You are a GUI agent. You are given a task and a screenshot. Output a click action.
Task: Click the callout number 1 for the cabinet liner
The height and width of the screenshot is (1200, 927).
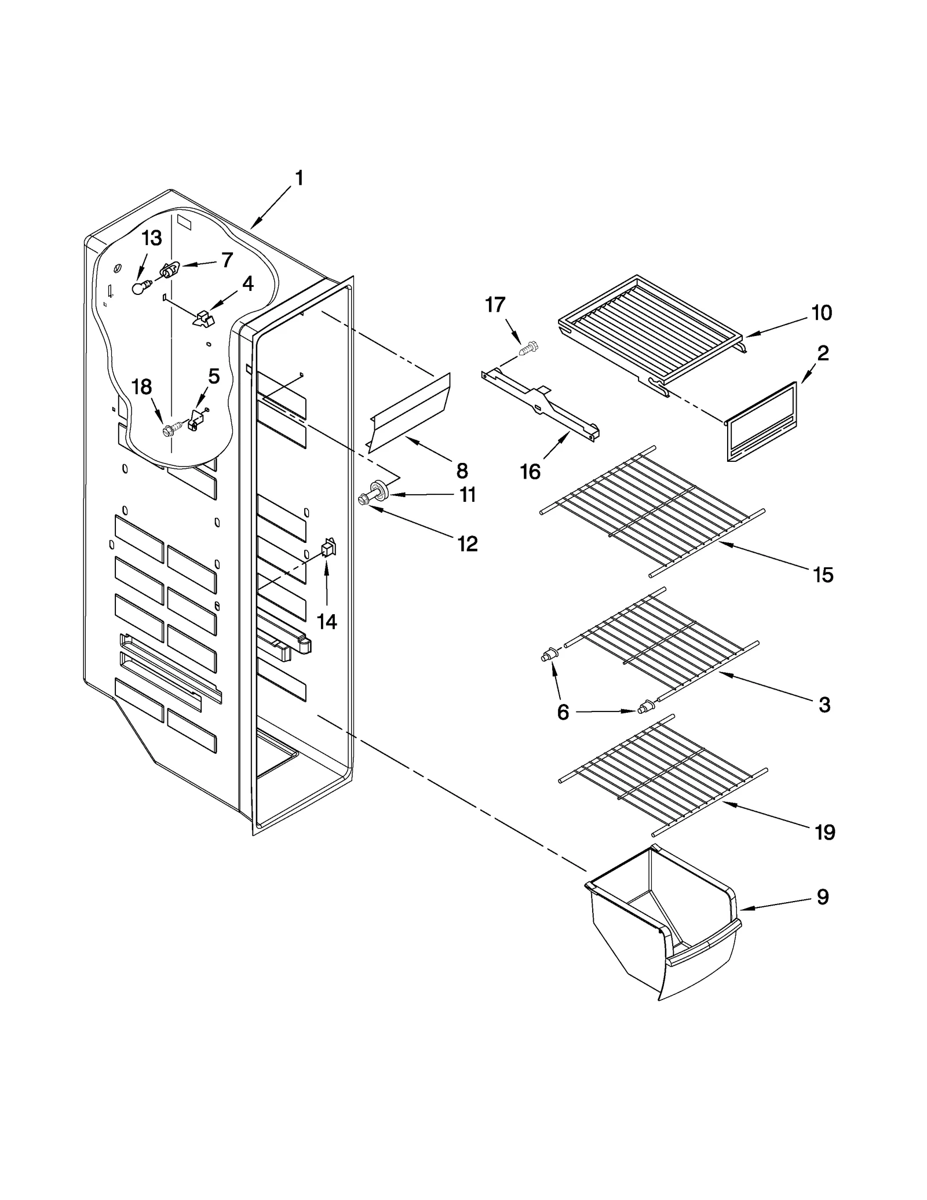(299, 178)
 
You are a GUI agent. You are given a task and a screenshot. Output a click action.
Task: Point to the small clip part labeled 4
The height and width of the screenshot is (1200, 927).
(203, 318)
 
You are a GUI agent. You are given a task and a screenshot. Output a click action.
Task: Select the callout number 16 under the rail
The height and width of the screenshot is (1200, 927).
(530, 472)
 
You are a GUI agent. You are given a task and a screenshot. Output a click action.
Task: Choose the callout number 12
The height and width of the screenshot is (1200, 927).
(467, 544)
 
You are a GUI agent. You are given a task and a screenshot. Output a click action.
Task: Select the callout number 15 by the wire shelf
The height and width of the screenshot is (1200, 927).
(823, 575)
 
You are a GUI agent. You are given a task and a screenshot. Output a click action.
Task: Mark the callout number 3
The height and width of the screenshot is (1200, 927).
(824, 705)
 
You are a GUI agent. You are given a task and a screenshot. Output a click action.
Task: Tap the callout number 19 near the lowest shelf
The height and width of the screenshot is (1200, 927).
(824, 833)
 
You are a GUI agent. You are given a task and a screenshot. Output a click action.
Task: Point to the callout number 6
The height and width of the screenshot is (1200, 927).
(563, 712)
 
